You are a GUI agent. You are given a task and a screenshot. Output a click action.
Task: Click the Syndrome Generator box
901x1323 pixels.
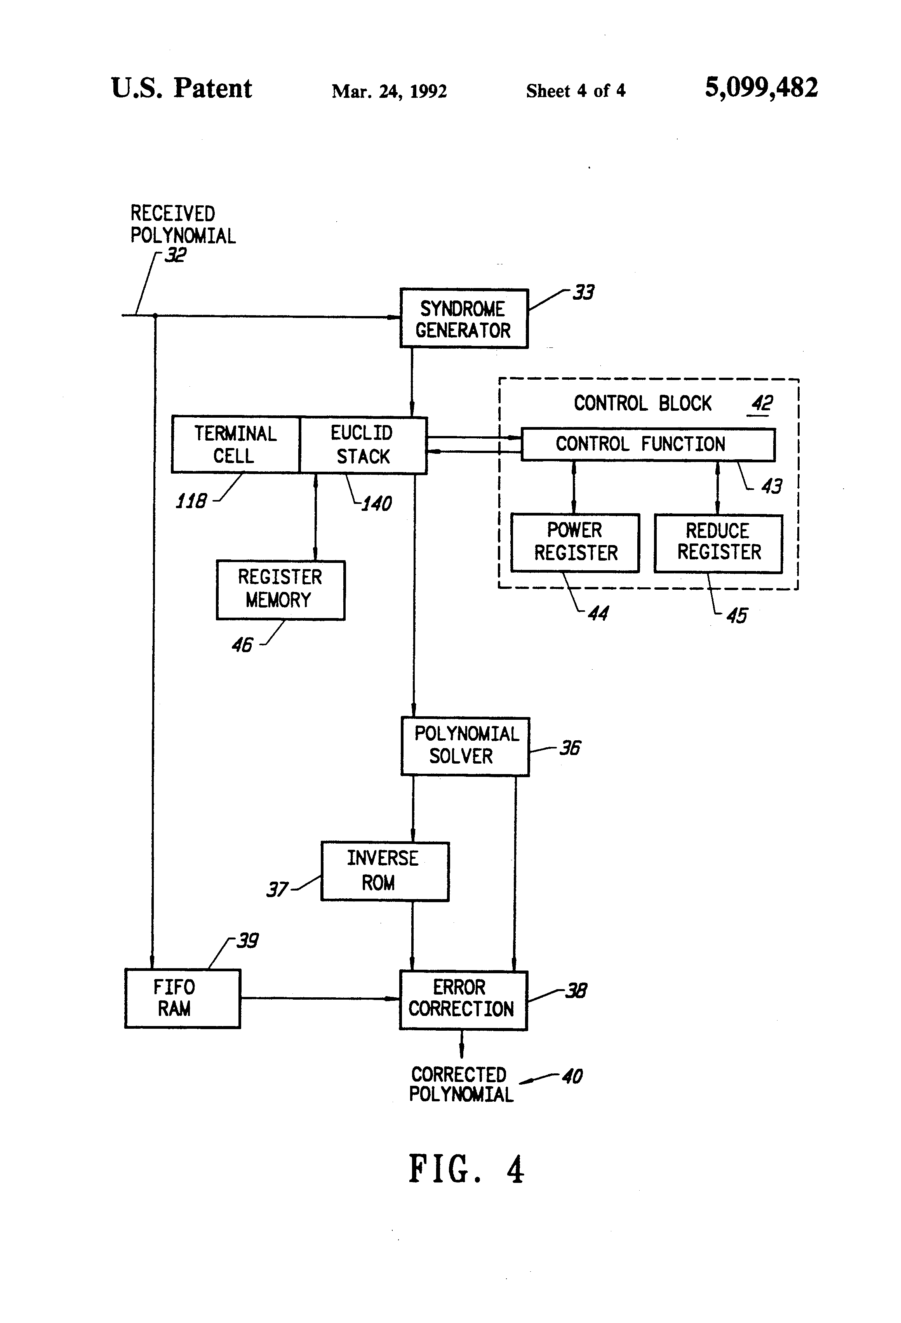click(x=464, y=319)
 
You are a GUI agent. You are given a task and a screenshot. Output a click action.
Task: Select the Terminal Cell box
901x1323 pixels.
click(x=235, y=444)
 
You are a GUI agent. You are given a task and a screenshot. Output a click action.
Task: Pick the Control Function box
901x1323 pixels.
click(x=647, y=444)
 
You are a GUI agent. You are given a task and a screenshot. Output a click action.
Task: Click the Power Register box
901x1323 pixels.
click(x=575, y=543)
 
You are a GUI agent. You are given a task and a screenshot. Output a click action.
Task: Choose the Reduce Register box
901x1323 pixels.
click(x=718, y=543)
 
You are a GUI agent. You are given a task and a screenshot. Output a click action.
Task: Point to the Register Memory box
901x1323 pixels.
click(x=280, y=590)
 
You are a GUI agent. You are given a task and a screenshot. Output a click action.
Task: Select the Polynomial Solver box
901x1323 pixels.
click(x=465, y=746)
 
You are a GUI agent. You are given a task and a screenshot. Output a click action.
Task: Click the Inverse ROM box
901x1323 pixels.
click(x=384, y=871)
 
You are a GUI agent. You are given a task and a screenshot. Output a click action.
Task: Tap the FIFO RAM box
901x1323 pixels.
click(x=182, y=998)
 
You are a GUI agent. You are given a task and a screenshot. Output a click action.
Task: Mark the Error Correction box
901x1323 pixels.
click(x=463, y=1000)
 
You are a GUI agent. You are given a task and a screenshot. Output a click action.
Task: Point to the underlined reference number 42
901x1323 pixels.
click(x=762, y=404)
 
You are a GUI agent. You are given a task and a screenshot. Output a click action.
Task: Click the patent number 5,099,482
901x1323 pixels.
click(x=761, y=88)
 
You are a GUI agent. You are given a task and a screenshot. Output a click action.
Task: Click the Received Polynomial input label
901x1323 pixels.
click(x=182, y=225)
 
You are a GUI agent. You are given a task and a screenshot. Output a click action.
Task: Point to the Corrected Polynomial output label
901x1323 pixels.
click(x=461, y=1085)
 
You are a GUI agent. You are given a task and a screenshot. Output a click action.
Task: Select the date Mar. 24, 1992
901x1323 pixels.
click(x=389, y=91)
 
